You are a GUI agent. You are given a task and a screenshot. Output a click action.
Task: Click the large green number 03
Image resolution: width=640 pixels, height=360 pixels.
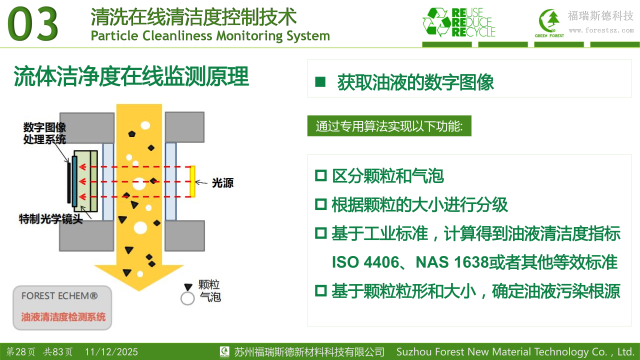pyautogui.click(x=33, y=24)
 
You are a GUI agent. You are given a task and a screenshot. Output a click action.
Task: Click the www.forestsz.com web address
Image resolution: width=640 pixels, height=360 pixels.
pyautogui.click(x=601, y=30)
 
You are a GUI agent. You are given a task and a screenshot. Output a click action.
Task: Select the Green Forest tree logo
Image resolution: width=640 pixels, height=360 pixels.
pyautogui.click(x=549, y=23)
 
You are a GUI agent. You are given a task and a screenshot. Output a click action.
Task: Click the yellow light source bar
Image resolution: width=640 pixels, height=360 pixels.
pyautogui.click(x=193, y=181)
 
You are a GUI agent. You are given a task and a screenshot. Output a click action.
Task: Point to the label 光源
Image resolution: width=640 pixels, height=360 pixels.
pyautogui.click(x=222, y=183)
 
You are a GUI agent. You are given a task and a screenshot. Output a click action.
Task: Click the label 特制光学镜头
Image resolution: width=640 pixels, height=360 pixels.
pyautogui.click(x=51, y=219)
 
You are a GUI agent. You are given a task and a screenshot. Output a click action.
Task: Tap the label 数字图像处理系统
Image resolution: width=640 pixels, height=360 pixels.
pyautogui.click(x=44, y=133)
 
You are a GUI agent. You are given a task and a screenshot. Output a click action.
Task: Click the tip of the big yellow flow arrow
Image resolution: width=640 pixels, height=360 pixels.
pyautogui.click(x=139, y=291)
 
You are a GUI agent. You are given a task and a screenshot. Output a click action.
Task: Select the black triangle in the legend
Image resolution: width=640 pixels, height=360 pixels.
pyautogui.click(x=188, y=287)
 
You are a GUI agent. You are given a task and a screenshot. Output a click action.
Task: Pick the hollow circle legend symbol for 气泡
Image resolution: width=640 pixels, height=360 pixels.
pyautogui.click(x=187, y=298)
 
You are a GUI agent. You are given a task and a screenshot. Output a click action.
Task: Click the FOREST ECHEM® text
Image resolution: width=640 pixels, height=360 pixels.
pyautogui.click(x=59, y=296)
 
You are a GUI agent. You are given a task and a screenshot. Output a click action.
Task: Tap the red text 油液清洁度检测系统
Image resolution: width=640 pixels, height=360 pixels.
pyautogui.click(x=63, y=317)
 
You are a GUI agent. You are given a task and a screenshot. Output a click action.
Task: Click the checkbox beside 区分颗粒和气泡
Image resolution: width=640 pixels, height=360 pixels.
pyautogui.click(x=321, y=175)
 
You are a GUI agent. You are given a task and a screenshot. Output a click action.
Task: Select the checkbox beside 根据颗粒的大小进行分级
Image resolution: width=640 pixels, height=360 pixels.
pyautogui.click(x=321, y=204)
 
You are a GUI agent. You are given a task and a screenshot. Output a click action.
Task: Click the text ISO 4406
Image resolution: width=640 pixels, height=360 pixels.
pyautogui.click(x=365, y=262)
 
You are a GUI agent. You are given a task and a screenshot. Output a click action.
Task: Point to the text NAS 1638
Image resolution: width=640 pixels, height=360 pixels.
pyautogui.click(x=452, y=262)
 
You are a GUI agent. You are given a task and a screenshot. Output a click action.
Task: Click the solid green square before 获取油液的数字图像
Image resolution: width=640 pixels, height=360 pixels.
pyautogui.click(x=320, y=81)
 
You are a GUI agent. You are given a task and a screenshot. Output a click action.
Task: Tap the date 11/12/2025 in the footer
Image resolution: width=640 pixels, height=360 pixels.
pyautogui.click(x=111, y=351)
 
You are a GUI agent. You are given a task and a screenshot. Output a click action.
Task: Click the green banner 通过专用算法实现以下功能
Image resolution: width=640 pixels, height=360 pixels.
pyautogui.click(x=389, y=126)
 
